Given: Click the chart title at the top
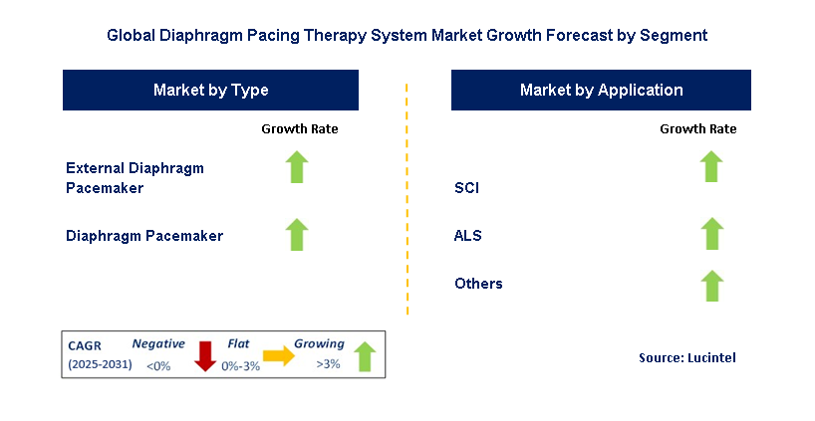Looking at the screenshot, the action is click(x=407, y=35).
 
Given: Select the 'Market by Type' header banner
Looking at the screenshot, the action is click(x=210, y=90).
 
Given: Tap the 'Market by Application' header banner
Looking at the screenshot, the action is click(x=601, y=90).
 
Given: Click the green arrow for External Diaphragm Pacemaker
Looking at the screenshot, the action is click(x=297, y=166).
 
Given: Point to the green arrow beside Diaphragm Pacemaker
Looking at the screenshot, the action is click(x=297, y=235).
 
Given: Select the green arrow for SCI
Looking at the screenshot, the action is click(x=711, y=166).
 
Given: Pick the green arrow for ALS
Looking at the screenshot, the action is click(x=711, y=234).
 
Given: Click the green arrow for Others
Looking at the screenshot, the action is click(x=711, y=286).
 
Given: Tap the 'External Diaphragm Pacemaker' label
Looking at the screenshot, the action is click(x=135, y=177).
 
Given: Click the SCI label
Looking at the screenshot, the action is click(x=466, y=187).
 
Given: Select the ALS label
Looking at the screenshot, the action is click(x=468, y=236).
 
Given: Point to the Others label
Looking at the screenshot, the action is click(x=478, y=284).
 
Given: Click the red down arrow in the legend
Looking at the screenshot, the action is click(x=205, y=356).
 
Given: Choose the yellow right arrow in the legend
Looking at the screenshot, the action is click(x=279, y=355).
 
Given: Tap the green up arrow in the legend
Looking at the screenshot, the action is click(x=365, y=356).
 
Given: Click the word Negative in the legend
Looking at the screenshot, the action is click(x=158, y=343).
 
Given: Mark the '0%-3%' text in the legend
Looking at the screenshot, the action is click(x=241, y=366).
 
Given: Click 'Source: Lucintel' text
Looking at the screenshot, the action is click(x=687, y=357).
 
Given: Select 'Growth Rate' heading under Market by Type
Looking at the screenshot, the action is click(x=299, y=128).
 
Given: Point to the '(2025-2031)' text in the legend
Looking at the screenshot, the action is click(x=100, y=364).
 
